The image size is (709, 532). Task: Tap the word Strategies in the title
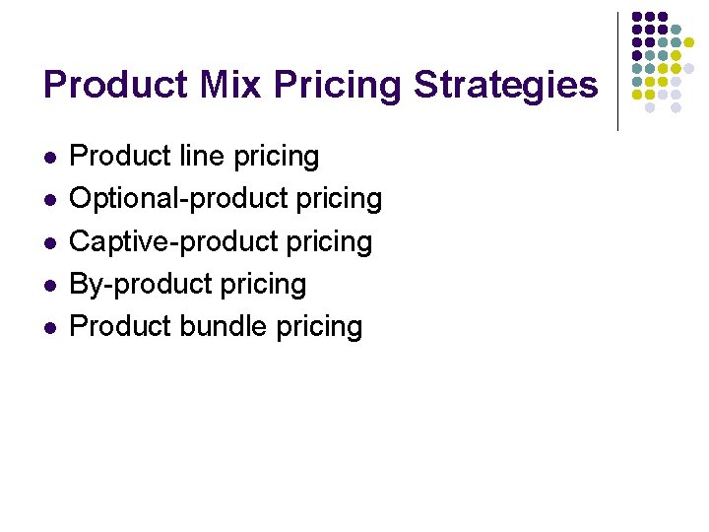pyautogui.click(x=505, y=85)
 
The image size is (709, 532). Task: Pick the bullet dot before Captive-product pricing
pyautogui.click(x=49, y=242)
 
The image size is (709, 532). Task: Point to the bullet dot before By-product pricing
pyautogui.click(x=49, y=285)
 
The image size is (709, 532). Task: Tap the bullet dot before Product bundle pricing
pyautogui.click(x=49, y=327)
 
